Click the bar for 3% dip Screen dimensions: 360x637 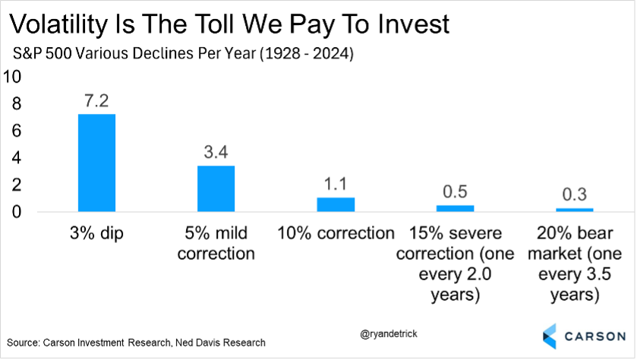click(96, 163)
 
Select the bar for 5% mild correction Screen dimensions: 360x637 click(216, 188)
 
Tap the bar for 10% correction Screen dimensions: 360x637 click(335, 204)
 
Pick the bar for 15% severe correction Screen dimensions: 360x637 click(455, 208)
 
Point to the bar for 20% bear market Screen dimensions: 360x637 click(574, 210)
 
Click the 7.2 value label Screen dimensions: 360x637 click(96, 100)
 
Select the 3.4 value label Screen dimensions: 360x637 click(216, 152)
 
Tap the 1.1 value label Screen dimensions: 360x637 click(335, 183)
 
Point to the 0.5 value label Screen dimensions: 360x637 click(455, 191)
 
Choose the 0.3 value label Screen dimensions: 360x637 click(574, 194)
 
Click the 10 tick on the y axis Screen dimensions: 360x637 click(14, 77)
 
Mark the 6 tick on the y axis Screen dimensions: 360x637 click(14, 131)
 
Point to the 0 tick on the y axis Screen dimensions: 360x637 click(14, 211)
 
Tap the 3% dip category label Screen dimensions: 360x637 click(96, 233)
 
